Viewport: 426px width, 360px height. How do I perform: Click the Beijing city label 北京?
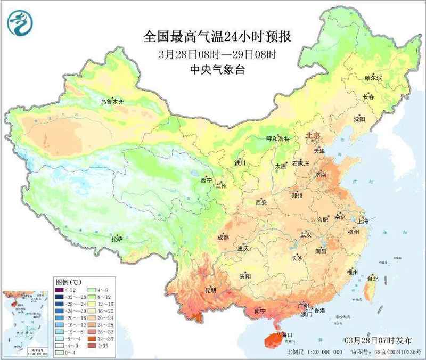click(312, 136)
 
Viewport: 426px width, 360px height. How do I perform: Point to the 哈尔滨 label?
click(373, 78)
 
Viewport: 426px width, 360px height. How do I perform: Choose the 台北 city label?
click(372, 278)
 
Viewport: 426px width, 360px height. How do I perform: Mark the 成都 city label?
click(223, 238)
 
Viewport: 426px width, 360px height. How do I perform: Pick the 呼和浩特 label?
click(277, 138)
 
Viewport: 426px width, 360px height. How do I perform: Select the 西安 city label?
click(261, 202)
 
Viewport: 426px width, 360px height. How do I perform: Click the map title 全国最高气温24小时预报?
click(218, 37)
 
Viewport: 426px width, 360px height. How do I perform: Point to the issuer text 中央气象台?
click(218, 69)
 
